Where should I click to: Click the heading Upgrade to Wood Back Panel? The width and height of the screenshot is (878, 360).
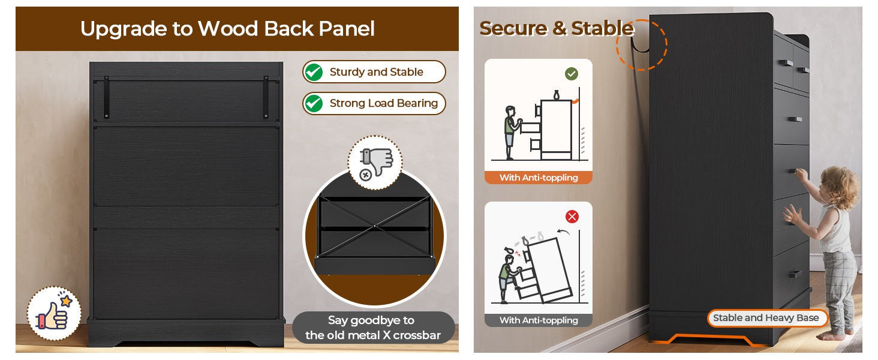coord(227,29)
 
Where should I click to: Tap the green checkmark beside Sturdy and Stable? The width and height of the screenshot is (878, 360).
coord(314,72)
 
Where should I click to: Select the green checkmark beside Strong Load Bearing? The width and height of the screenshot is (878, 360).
coord(314,104)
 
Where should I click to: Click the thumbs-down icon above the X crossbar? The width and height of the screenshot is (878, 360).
coord(375,163)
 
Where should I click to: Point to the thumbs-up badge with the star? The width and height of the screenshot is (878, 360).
coord(54,313)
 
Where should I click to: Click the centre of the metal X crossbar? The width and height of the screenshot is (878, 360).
coord(375,226)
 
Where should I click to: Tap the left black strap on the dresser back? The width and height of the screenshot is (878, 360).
coord(106,97)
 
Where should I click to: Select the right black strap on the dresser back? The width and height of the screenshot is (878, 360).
coord(266,97)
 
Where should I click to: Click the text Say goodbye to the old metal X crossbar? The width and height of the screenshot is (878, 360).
coord(373,328)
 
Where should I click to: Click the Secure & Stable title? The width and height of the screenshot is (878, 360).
coord(557,28)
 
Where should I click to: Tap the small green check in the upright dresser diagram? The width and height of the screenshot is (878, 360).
coord(572,74)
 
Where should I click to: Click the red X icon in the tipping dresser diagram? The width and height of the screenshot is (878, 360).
coord(572,217)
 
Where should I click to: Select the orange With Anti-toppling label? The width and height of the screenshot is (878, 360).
coord(539,178)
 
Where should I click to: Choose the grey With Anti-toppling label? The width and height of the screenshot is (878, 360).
coord(539,320)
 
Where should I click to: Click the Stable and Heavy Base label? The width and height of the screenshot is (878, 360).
coord(766,317)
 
